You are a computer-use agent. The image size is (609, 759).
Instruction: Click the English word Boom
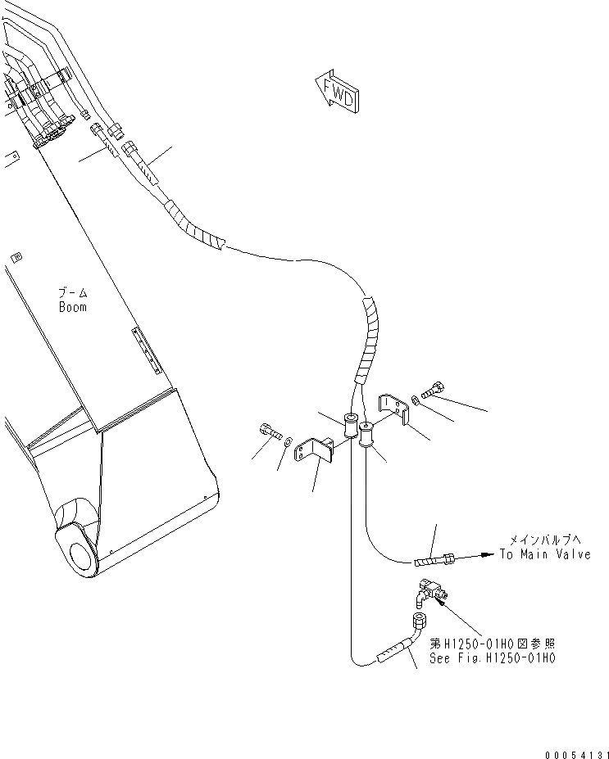click(x=72, y=307)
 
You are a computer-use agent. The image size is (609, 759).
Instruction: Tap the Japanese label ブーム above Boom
click(x=72, y=293)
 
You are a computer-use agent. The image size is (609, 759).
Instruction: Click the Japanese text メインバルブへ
click(x=544, y=540)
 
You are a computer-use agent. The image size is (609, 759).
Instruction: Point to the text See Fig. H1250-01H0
click(x=493, y=657)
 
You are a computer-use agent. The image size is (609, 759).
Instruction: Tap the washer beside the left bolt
click(x=288, y=443)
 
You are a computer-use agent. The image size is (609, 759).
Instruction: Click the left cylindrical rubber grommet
click(x=352, y=427)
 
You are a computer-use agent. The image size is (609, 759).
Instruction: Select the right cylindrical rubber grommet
click(x=366, y=433)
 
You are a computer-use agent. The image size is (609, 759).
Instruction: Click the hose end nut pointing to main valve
click(x=448, y=558)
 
